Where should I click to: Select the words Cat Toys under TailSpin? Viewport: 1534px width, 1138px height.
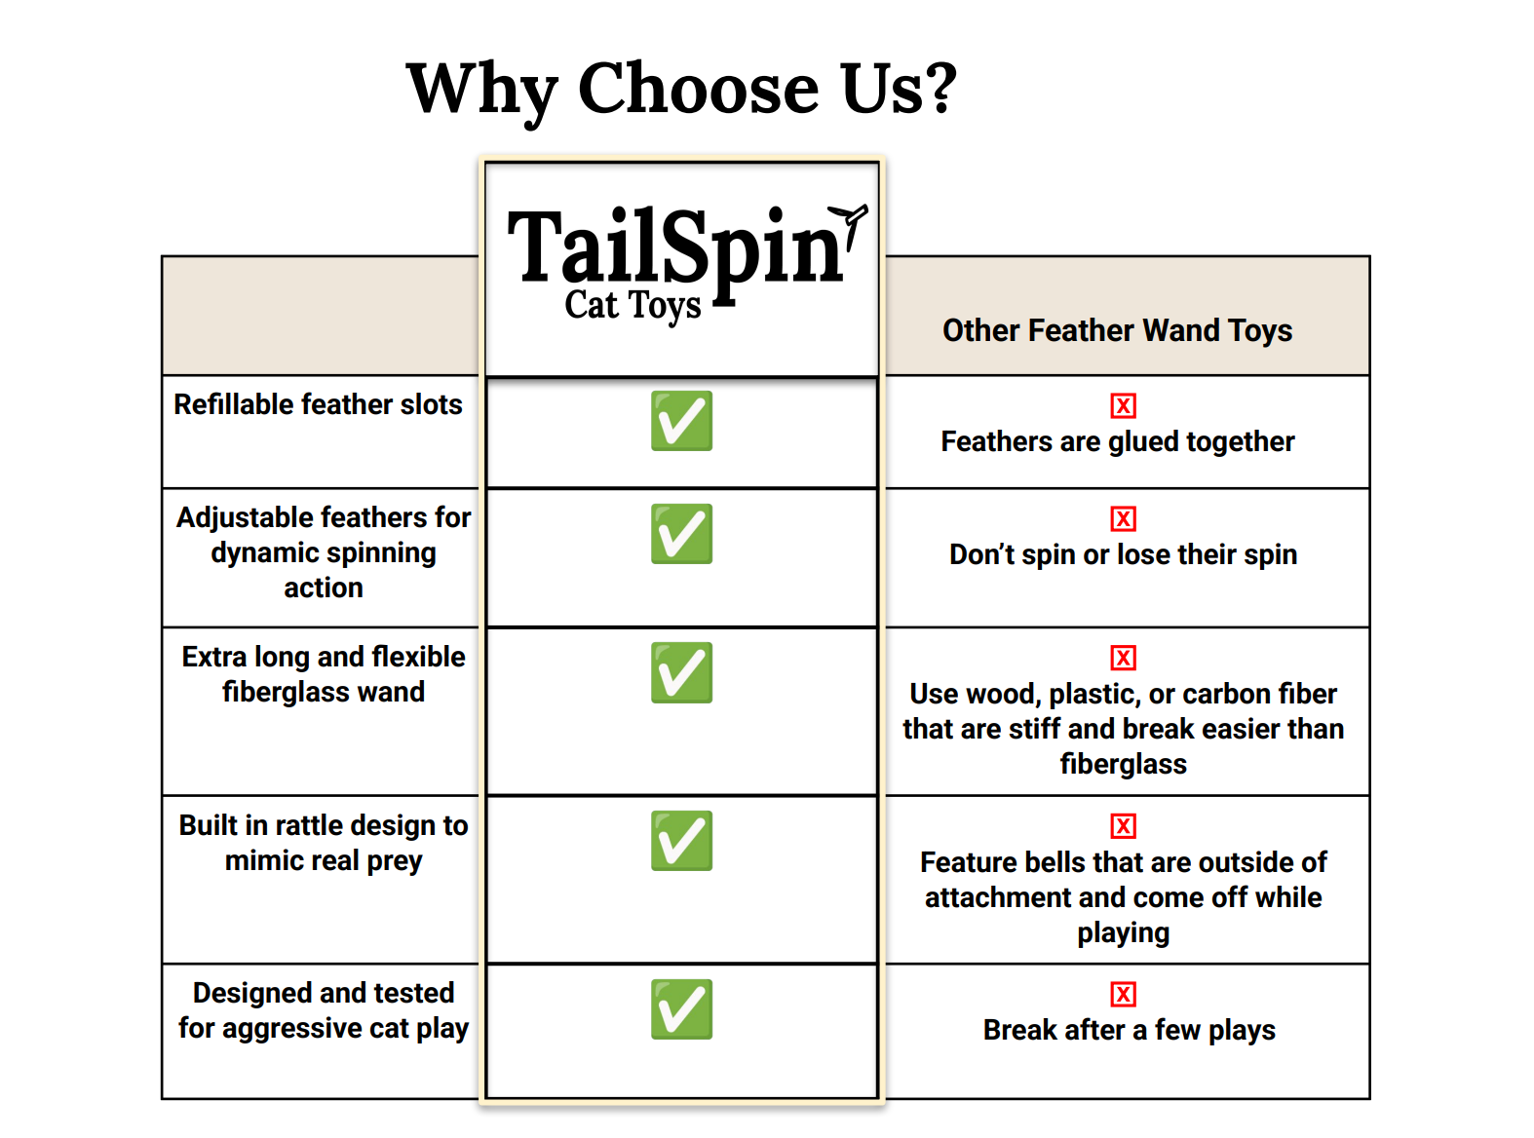[x=633, y=306]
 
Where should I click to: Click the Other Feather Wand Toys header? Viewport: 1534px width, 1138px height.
[x=1116, y=329]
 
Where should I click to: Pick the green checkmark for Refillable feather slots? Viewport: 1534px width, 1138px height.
[x=680, y=420]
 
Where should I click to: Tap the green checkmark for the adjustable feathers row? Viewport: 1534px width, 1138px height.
[x=680, y=533]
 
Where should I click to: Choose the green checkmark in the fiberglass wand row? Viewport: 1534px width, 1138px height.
[x=680, y=672]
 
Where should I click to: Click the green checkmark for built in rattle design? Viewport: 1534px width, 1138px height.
[x=680, y=840]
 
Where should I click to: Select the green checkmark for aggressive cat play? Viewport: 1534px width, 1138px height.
[x=680, y=1008]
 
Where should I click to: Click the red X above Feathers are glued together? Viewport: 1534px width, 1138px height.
[x=1123, y=405]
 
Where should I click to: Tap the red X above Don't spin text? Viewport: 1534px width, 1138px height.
[x=1123, y=517]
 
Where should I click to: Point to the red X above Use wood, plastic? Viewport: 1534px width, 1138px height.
[x=1123, y=657]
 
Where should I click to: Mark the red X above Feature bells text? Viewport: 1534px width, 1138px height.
[x=1123, y=825]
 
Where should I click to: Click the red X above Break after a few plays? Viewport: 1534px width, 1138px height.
[x=1123, y=994]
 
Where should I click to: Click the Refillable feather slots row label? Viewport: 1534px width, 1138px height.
[x=318, y=403]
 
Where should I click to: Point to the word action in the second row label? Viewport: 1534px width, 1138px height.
[x=323, y=587]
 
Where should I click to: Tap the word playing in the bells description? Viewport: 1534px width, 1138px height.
[x=1123, y=932]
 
